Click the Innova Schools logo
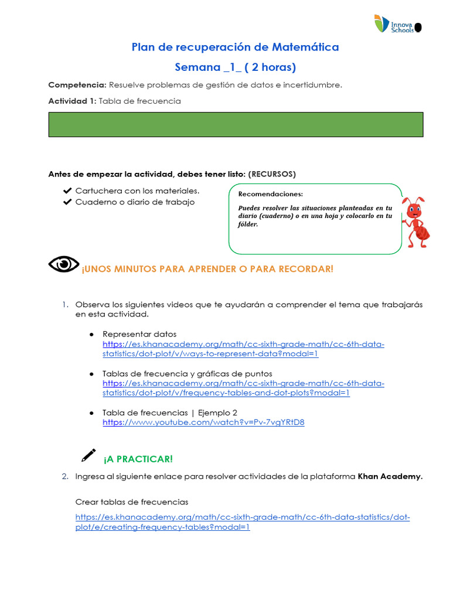397,23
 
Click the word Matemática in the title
304,47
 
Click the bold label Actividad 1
71,101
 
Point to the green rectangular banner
236,125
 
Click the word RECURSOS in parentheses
272,174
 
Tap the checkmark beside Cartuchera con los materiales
67,191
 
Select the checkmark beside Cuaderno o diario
67,202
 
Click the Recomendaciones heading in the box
271,194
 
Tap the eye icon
63,265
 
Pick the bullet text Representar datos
139,334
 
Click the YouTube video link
203,422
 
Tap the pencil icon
88,455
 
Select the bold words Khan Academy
390,476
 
